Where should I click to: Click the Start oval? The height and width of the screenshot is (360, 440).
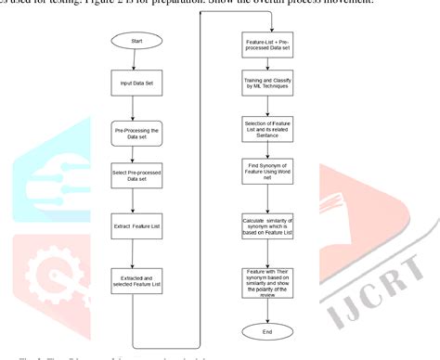[x=136, y=42]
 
